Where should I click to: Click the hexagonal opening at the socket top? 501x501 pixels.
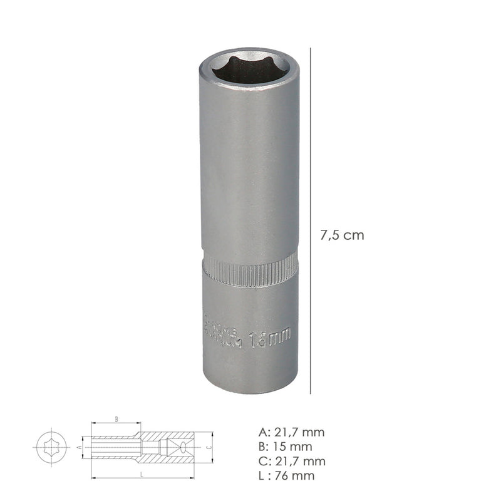point(250,66)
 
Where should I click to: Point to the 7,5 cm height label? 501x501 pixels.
point(342,235)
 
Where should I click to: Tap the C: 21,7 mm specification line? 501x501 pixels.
point(292,462)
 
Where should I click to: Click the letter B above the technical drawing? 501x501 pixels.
point(116,418)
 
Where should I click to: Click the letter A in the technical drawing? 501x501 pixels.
point(80,448)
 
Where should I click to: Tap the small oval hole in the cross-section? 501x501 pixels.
point(182,448)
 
